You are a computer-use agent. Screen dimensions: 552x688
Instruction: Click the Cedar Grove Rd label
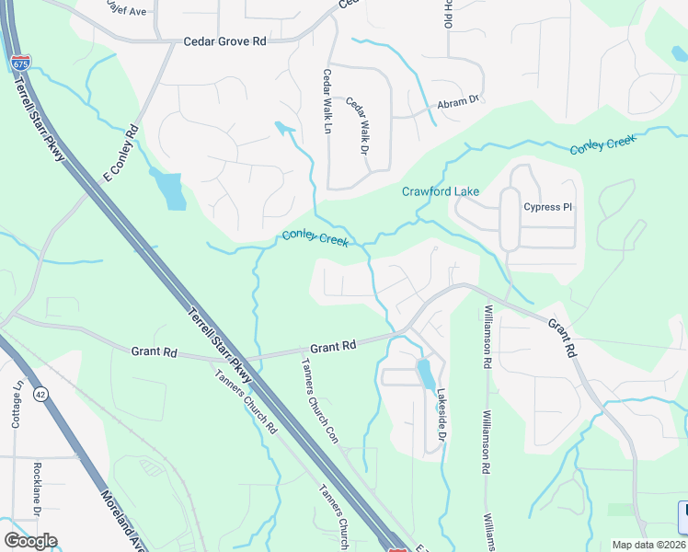tap(224, 41)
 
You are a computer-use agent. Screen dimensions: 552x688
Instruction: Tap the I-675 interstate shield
tap(20, 63)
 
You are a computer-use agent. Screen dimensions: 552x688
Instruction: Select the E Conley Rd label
tap(119, 149)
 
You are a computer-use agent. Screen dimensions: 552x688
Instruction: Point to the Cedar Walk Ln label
tap(327, 101)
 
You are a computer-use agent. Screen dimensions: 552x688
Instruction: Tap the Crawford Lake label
tap(441, 191)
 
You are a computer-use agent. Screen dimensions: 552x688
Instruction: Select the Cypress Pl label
tap(547, 207)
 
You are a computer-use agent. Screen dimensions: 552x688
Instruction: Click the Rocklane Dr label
tap(38, 489)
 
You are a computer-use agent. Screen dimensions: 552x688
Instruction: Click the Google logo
tap(30, 541)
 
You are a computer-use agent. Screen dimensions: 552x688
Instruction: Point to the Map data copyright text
tap(648, 545)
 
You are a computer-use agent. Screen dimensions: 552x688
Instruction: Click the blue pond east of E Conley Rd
tap(171, 190)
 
